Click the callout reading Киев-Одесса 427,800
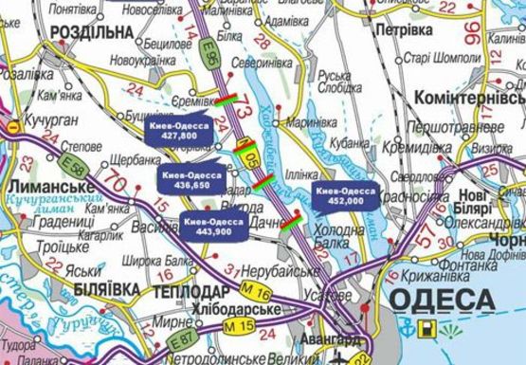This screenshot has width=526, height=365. (x=180, y=131)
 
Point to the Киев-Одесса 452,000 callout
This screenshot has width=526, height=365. (x=346, y=195)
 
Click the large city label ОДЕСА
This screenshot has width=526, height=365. (x=442, y=301)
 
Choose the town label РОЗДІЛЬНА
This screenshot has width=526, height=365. (x=71, y=32)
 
